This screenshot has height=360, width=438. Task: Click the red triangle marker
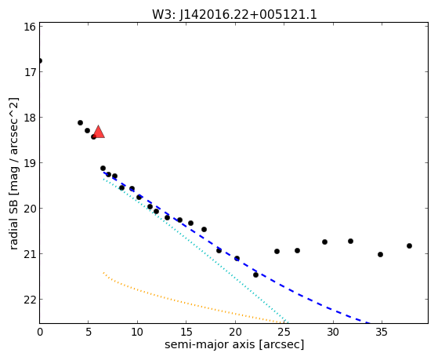click(x=99, y=132)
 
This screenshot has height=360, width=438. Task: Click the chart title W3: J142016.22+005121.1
click(x=234, y=15)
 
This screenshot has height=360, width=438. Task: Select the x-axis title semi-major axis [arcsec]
click(x=234, y=344)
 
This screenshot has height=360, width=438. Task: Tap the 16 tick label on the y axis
click(x=30, y=27)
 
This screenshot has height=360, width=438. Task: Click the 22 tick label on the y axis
click(x=30, y=300)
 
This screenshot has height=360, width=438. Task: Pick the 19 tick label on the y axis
click(x=30, y=163)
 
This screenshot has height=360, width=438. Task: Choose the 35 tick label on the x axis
click(x=382, y=333)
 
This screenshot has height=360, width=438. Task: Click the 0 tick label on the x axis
click(x=40, y=333)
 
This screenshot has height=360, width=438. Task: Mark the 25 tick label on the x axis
click(x=284, y=333)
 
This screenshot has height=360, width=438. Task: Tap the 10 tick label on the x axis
click(x=137, y=333)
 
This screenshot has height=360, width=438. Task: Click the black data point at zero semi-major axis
click(x=40, y=60)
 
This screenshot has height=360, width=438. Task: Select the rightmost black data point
click(x=409, y=245)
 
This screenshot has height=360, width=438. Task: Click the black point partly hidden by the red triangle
click(x=93, y=136)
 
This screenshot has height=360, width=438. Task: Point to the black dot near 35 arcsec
click(x=380, y=255)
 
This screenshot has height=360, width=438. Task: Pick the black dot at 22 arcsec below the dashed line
click(x=255, y=275)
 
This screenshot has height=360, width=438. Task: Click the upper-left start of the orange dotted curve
click(x=103, y=272)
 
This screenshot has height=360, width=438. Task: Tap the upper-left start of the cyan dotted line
click(x=103, y=179)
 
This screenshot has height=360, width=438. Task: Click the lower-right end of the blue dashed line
click(x=370, y=323)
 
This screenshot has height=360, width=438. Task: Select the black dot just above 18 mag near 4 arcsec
click(x=80, y=122)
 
